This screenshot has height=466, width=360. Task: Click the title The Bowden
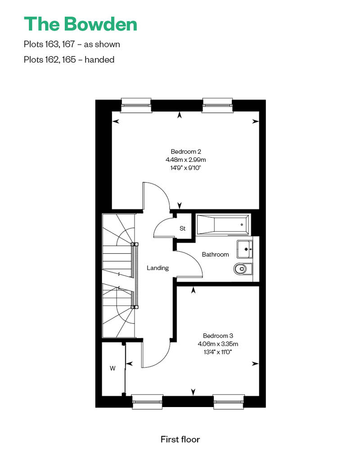pos(80,24)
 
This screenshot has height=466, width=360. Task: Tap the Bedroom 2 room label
pos(186,152)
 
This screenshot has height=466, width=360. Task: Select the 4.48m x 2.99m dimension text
pos(186,160)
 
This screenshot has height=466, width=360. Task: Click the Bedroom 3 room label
pos(218,336)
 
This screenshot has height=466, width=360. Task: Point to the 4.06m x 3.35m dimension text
pos(218,344)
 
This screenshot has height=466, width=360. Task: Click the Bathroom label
pos(215,255)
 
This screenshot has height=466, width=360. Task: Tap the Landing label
pos(157,268)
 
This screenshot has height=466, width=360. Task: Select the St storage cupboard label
pos(183,228)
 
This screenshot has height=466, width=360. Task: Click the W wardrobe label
pos(112,368)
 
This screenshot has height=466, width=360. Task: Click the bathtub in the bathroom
pos(223,225)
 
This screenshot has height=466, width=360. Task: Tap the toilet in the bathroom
pos(243,269)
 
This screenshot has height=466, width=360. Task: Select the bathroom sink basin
pos(245,249)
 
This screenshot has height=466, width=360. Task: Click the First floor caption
pos(180,439)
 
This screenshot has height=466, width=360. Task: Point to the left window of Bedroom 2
pos(136,105)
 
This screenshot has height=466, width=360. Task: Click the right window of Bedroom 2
pos(217,105)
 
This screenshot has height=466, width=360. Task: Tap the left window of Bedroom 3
pos(147,402)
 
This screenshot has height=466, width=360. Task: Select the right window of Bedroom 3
pos(229,402)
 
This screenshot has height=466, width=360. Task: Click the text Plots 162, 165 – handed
pos(69,60)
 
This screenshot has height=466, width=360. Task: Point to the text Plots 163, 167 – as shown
pos(72,44)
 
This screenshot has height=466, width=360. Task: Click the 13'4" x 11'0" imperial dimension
pos(218,352)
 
